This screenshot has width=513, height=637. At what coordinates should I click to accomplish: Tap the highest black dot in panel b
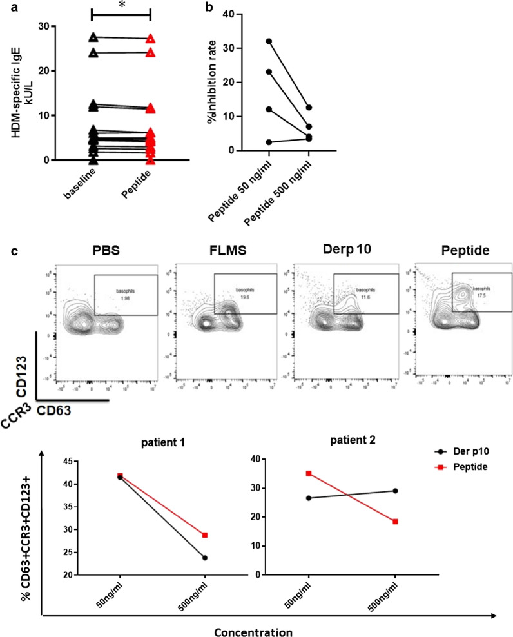point(269,41)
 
